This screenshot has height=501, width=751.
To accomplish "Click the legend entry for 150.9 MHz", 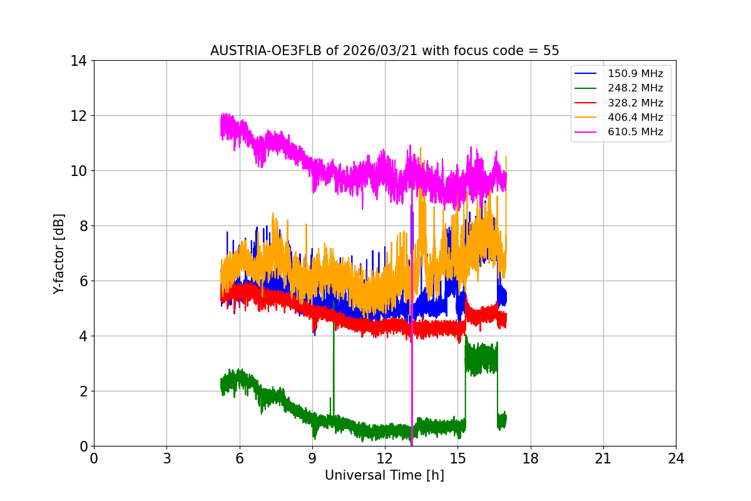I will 635,74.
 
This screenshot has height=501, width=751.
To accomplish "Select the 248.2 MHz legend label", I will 635,88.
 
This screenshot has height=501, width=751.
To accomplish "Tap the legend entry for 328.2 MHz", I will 635,103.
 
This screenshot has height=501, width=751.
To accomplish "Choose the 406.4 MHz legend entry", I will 635,117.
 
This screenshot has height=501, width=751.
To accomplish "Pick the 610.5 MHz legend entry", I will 635,132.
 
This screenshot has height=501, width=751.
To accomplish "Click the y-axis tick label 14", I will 78,61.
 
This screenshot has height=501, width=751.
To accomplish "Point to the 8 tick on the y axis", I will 82,226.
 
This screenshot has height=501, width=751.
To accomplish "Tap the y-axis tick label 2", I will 82,391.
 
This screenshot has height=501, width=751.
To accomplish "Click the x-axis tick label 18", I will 531,458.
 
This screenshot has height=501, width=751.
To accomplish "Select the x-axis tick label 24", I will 676,458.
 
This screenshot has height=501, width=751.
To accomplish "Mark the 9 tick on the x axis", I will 312,458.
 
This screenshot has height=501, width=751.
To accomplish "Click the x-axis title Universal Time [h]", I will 384,475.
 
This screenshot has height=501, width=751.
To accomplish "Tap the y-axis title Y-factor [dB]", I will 59,253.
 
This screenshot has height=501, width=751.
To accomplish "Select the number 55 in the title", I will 551,51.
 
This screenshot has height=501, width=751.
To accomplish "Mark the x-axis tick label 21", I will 603,458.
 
